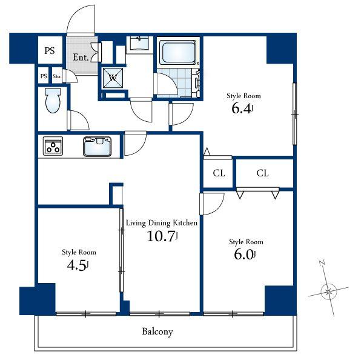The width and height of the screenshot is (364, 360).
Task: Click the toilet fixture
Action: click(x=53, y=101)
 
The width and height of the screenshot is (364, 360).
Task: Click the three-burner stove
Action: click(x=53, y=147)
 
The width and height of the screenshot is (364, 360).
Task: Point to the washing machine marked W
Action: click(x=113, y=77)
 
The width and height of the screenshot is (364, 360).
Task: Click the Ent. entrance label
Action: click(x=81, y=58)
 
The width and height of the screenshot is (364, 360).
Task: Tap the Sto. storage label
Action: click(x=58, y=76)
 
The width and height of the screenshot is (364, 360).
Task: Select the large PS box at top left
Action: click(x=49, y=52)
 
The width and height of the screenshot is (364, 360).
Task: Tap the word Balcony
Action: click(x=157, y=332)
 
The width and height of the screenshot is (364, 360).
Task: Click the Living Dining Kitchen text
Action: click(x=162, y=222)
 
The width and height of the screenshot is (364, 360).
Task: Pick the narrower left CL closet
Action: click(x=219, y=173)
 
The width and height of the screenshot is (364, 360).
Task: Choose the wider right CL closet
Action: click(x=262, y=173)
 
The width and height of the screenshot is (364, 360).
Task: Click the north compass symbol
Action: click(x=329, y=292)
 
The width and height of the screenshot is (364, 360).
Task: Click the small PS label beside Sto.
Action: click(x=44, y=76)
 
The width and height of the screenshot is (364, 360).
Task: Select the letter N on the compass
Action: click(x=322, y=264)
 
